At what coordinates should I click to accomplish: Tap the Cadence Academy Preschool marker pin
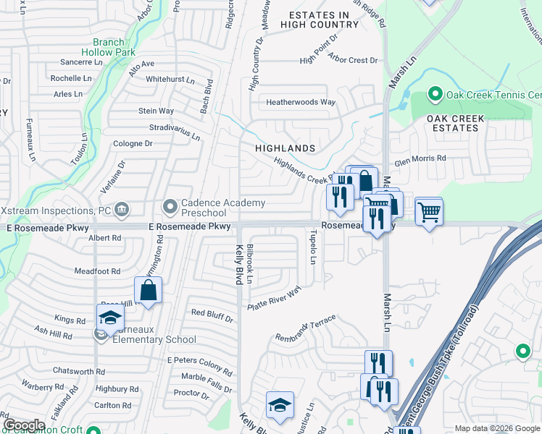tap(170, 208)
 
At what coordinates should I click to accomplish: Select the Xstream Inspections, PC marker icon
tap(122, 210)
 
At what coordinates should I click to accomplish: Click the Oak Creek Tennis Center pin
tap(435, 95)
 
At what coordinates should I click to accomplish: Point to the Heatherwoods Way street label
tap(301, 102)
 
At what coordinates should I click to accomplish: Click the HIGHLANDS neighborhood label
tap(285, 148)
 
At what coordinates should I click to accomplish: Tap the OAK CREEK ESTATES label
tap(453, 123)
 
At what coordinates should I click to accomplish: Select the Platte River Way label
tap(274, 299)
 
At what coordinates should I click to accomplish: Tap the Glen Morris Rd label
tap(420, 158)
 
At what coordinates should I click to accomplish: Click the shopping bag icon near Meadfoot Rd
tap(149, 291)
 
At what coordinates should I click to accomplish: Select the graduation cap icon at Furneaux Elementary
tap(110, 317)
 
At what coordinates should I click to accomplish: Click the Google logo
tap(24, 425)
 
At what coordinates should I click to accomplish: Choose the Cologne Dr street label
tap(133, 143)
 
